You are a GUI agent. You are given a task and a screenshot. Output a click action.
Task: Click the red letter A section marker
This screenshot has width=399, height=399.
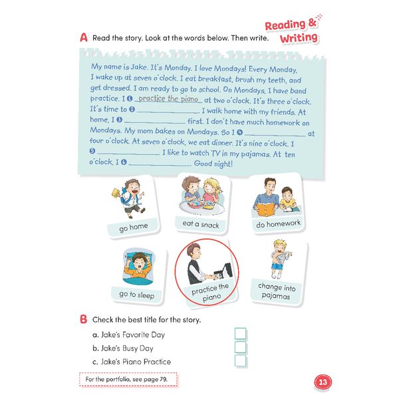84,38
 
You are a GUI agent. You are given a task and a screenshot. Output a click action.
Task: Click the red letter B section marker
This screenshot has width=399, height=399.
84,319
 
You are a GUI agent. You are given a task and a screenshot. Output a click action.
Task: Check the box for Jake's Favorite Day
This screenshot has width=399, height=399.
240,334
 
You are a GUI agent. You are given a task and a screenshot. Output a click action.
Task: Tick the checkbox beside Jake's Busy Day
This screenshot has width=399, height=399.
240,347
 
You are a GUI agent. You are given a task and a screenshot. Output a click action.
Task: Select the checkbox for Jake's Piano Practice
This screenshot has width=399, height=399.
240,361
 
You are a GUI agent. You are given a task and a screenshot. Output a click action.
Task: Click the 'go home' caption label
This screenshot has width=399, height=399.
134,227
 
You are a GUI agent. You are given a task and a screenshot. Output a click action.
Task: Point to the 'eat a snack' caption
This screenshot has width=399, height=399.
201,224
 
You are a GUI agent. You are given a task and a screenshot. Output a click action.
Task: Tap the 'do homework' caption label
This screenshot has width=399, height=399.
278,224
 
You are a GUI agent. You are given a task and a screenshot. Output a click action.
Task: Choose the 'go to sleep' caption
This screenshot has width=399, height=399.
136,295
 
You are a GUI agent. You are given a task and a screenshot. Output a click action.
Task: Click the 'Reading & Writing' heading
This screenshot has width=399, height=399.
293,31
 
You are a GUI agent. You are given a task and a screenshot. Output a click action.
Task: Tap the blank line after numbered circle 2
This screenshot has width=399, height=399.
168,111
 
